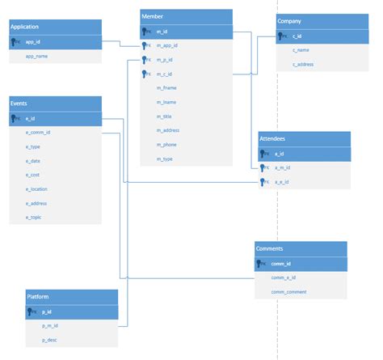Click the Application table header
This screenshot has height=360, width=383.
[x=55, y=27]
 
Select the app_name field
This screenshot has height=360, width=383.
[x=36, y=57]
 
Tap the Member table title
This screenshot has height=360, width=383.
[x=186, y=16]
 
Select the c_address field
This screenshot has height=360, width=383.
[x=303, y=64]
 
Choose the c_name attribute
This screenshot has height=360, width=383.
[x=301, y=50]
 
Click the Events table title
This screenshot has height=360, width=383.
[x=55, y=104]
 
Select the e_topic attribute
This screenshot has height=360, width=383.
[x=34, y=218]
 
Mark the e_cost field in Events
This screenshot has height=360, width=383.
[x=33, y=175]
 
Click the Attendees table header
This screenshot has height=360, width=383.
[x=304, y=138]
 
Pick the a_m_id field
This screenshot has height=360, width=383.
[x=283, y=167]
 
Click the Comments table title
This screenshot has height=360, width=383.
[x=300, y=248]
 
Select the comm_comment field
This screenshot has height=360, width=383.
[x=288, y=291]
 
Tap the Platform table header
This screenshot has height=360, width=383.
[x=71, y=297]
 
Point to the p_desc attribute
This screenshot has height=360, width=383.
[x=50, y=340]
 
